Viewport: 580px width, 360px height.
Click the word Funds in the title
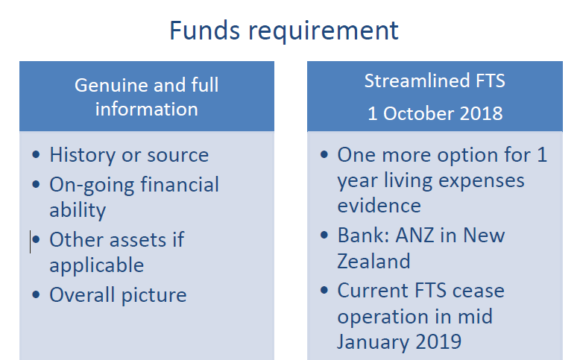pos(204,31)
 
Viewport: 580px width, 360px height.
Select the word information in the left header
pos(146,109)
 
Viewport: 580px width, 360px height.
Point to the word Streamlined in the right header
pos(417,80)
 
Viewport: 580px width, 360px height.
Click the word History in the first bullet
pos(83,155)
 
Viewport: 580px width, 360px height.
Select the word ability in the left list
pos(78,210)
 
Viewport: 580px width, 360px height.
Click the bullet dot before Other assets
pos(36,240)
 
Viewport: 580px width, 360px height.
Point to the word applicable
pos(97,266)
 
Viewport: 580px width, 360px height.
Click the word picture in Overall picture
pos(154,296)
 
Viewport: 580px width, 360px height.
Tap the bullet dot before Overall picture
pos(36,295)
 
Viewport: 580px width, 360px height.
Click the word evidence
pos(379,206)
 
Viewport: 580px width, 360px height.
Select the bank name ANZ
pos(414,236)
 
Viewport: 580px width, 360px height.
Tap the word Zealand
pos(373,261)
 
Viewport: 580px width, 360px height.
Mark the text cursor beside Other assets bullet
pos(31,241)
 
